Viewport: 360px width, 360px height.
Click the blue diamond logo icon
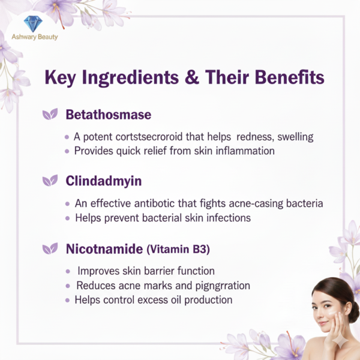pyautogui.click(x=32, y=23)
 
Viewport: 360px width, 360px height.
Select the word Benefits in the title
pyautogui.click(x=283, y=79)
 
